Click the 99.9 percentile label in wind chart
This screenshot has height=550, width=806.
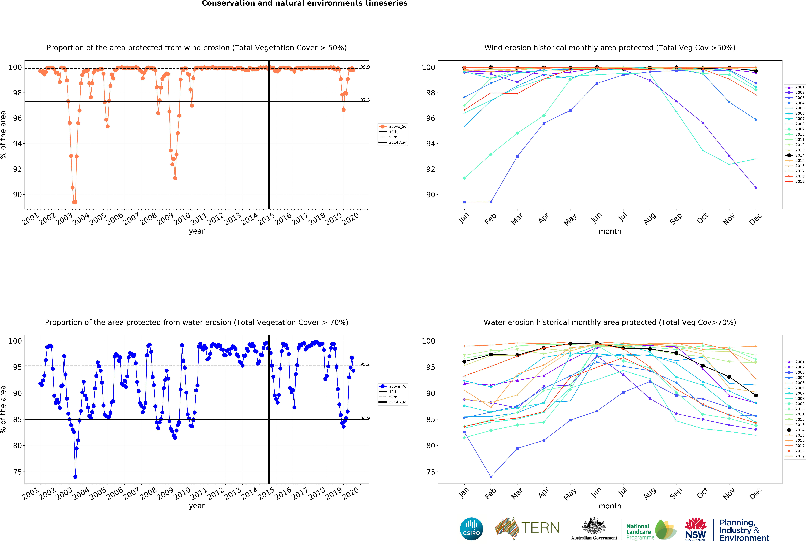(365, 67)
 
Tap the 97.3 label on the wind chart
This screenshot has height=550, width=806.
(365, 100)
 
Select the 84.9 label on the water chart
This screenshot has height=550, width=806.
(365, 418)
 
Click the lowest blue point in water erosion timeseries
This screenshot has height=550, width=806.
(75, 477)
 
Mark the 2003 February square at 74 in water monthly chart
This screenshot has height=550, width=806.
(491, 477)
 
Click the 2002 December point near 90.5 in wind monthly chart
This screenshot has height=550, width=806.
(756, 187)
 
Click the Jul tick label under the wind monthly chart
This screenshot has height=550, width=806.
(623, 217)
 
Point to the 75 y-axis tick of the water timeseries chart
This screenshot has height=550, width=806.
(17, 472)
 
